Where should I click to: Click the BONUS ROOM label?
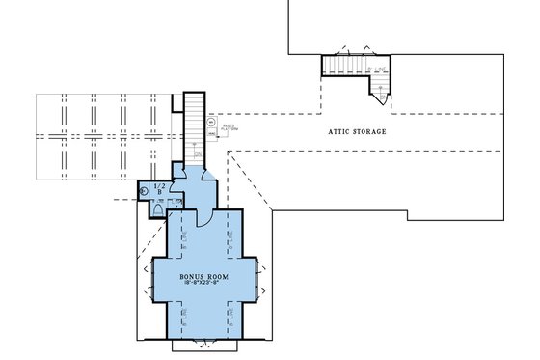click(203, 277)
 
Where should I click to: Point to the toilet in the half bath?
click(157, 208)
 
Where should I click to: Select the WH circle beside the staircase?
click(211, 123)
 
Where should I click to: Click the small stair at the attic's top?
click(347, 67)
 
